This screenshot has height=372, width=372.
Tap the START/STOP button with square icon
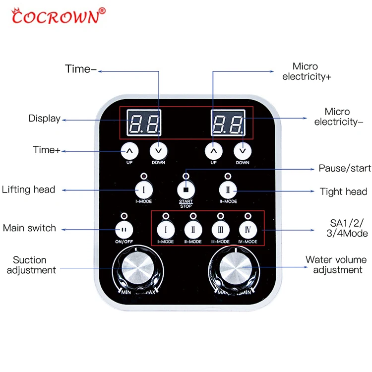click(x=186, y=189)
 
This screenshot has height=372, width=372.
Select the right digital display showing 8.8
click(x=228, y=123)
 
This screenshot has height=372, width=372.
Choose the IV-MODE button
click(x=248, y=230)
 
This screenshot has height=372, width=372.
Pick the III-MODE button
click(x=220, y=230)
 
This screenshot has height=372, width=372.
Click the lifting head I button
click(x=143, y=189)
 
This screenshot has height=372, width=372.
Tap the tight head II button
click(x=228, y=189)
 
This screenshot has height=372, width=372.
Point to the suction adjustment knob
click(x=136, y=269)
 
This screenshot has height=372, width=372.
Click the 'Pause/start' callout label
click(x=345, y=169)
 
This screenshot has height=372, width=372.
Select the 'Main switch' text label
click(x=29, y=228)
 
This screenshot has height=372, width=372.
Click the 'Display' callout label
click(x=44, y=119)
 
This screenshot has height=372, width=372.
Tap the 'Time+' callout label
click(x=46, y=150)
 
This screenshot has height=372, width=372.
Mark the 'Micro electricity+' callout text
click(x=307, y=71)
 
